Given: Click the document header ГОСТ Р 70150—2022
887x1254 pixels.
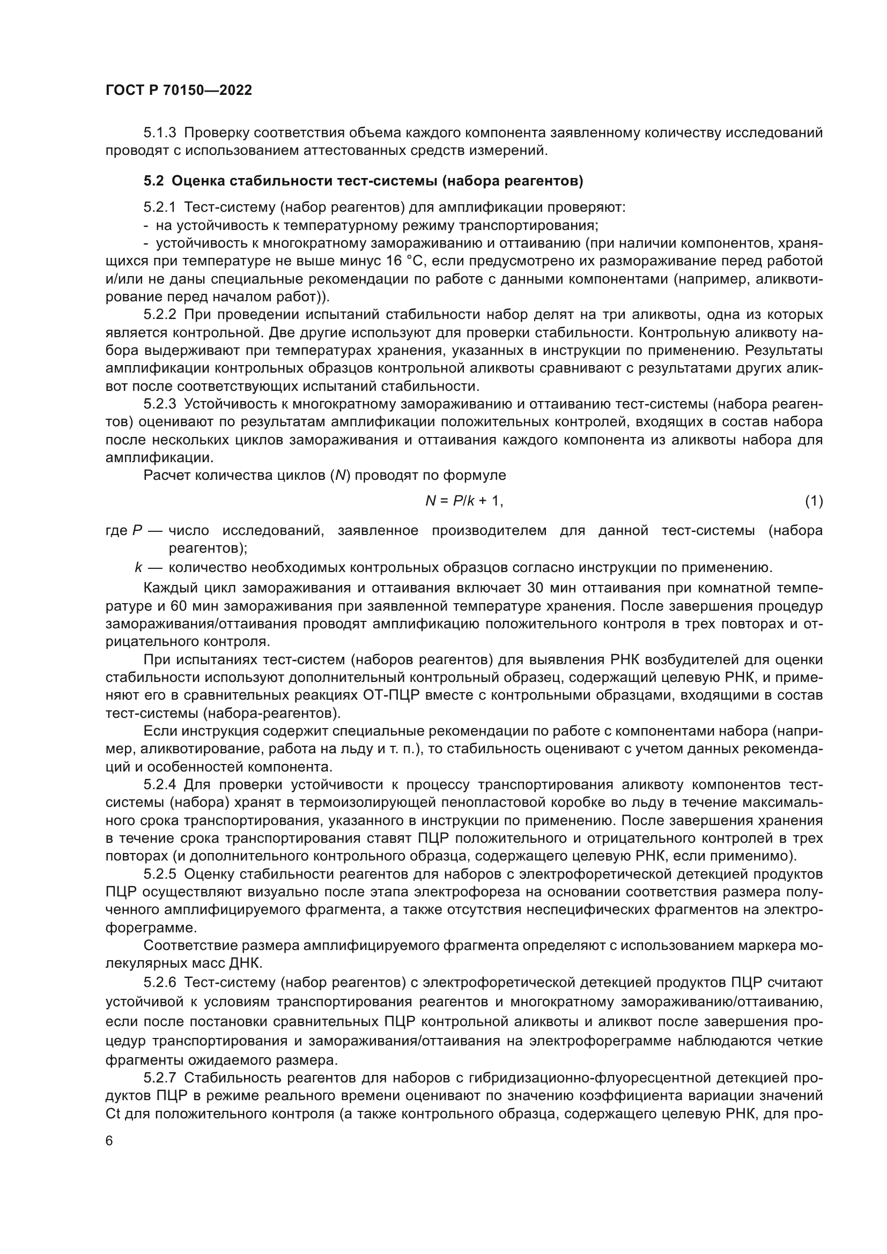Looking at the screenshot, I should [179, 91].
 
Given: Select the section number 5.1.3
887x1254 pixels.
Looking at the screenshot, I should [159, 133].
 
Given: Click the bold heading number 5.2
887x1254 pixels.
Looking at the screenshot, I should [153, 181].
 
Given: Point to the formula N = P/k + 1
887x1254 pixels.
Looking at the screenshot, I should [464, 500].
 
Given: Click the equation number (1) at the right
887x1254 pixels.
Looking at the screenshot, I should [814, 500].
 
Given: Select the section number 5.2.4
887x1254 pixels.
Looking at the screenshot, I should [159, 785].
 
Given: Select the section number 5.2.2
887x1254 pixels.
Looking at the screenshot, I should [159, 315].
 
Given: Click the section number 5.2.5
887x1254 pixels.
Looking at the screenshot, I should [159, 874].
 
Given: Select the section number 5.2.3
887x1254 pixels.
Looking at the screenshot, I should [159, 404].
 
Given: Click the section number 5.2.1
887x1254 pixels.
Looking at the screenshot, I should [159, 207].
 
